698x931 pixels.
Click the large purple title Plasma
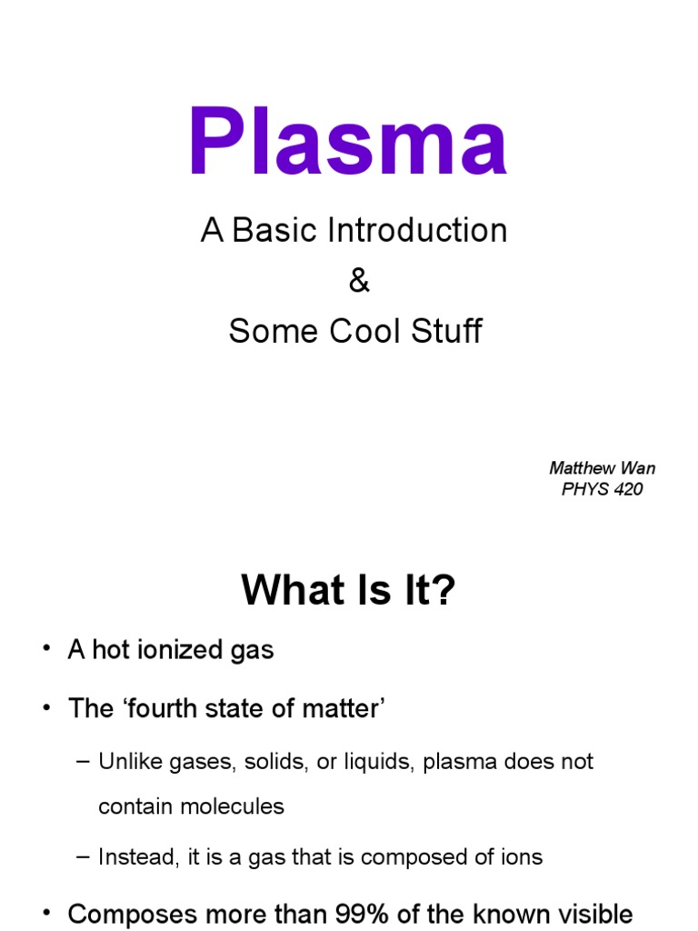tap(347, 144)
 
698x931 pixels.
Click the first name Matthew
tap(582, 468)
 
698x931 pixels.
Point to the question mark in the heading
tap(441, 593)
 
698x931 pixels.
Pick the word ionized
tap(174, 651)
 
